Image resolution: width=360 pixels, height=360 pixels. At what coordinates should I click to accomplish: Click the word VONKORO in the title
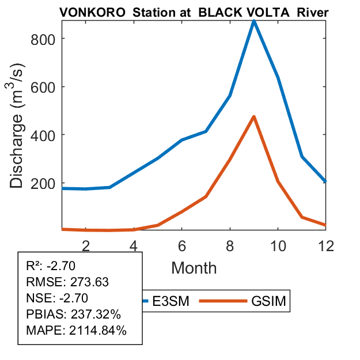(90, 13)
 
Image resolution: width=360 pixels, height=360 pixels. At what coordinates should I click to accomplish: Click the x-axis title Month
(194, 267)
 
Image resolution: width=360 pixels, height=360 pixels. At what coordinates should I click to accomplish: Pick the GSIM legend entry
(268, 301)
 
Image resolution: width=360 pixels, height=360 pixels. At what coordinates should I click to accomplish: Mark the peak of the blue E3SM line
(253, 22)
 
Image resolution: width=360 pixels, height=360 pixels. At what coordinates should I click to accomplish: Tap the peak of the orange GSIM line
(253, 117)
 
